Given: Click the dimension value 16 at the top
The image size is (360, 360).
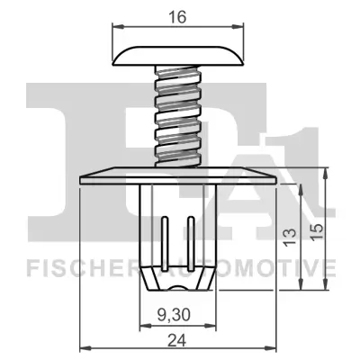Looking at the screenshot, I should pyautogui.click(x=178, y=16).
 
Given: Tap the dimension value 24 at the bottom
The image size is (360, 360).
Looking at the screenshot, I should pyautogui.click(x=178, y=339).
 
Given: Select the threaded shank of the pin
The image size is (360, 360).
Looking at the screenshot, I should pyautogui.click(x=178, y=117).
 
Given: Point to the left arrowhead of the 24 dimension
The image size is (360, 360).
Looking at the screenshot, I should pyautogui.click(x=84, y=349).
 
